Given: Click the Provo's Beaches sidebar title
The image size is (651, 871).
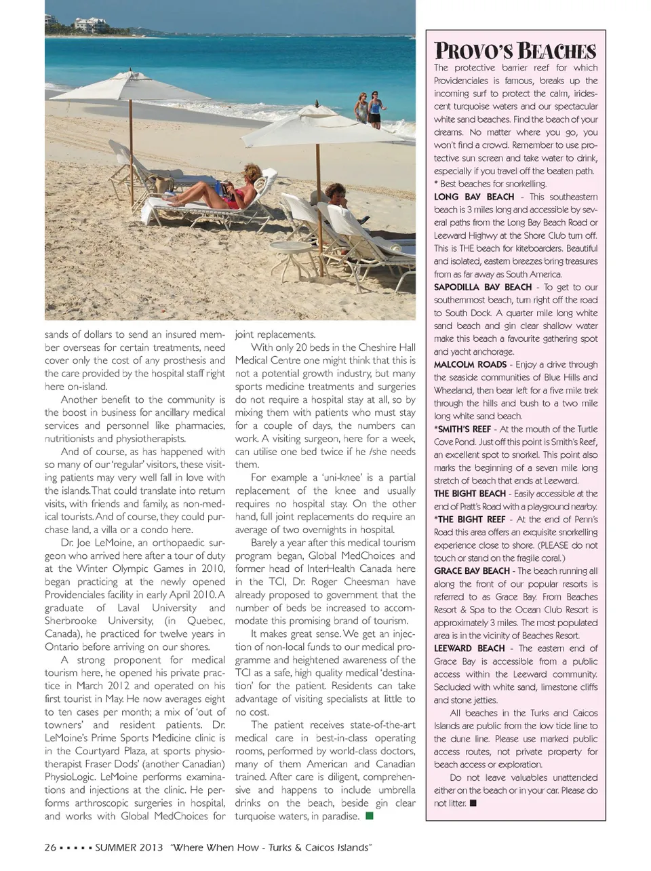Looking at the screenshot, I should tap(515, 51).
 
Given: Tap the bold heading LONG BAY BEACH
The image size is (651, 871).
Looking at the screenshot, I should tap(474, 197).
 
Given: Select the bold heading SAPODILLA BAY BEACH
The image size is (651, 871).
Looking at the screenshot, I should tap(483, 287).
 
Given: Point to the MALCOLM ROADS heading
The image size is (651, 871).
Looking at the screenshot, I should tap(470, 364).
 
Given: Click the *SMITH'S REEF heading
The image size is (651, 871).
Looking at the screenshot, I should tap(464, 429).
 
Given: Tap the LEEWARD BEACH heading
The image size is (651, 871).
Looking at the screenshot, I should tap(469, 648).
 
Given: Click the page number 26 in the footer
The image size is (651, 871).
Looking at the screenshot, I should tap(50, 847).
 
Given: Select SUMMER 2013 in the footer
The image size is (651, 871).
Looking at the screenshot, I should tap(129, 847).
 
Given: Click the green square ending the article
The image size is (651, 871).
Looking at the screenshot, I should tap(370, 816).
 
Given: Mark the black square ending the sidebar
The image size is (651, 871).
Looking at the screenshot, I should tap(473, 803).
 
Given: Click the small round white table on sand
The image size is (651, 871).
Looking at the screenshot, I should tap(288, 254).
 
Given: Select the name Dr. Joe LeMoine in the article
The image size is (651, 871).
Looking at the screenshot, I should tap(95, 543).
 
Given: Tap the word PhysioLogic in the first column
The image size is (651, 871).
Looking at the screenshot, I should tap(73, 777).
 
